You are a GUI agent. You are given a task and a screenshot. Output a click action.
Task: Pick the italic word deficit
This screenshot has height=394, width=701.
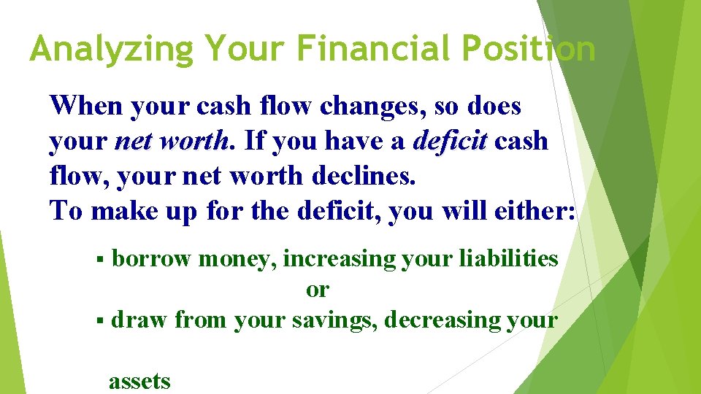[449, 141]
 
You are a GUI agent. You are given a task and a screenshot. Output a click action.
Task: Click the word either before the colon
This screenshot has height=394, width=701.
[529, 210]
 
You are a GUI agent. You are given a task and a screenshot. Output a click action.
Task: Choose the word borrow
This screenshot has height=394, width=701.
[152, 259]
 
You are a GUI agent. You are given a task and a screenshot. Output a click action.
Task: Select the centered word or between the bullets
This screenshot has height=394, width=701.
[318, 290]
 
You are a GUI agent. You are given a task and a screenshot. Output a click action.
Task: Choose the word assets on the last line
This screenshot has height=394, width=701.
[139, 381]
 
